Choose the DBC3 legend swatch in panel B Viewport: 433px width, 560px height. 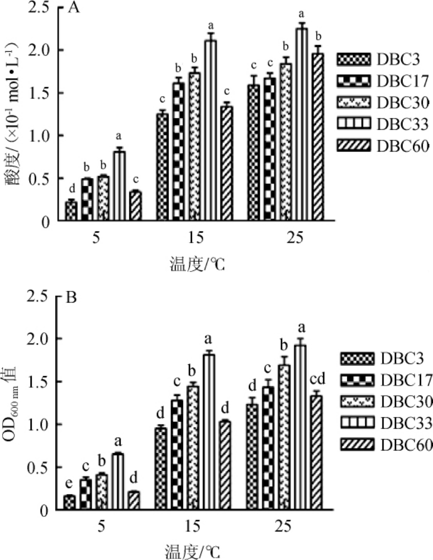point(358,359)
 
